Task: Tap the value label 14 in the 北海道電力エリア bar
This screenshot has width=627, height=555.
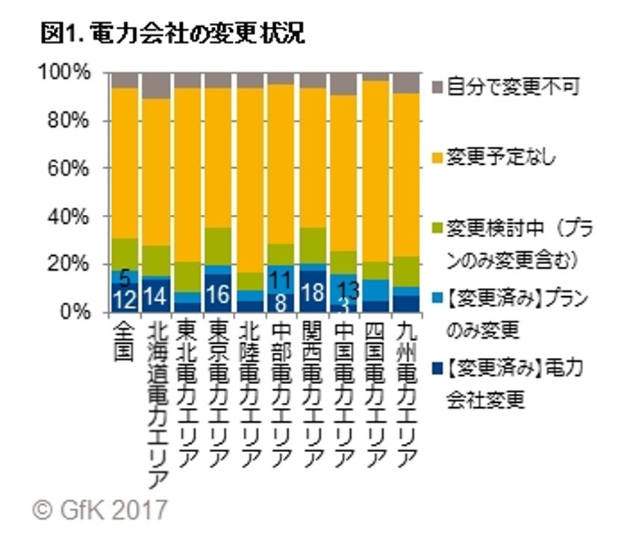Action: [x=155, y=297]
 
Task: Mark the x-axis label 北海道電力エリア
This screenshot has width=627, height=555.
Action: [x=155, y=403]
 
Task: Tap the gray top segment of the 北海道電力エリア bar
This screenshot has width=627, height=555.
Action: [x=155, y=86]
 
